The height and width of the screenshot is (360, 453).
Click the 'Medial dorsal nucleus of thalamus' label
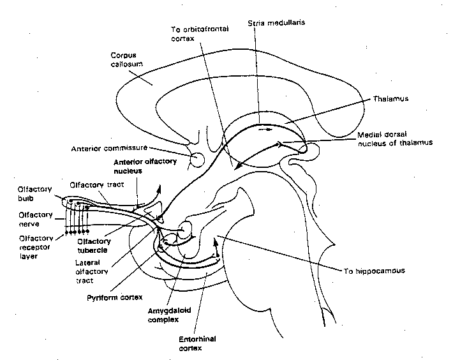tap(395, 139)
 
